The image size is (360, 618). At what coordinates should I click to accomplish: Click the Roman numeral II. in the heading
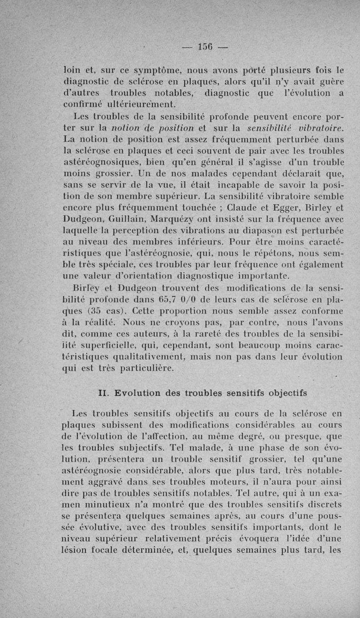[x=104, y=393]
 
